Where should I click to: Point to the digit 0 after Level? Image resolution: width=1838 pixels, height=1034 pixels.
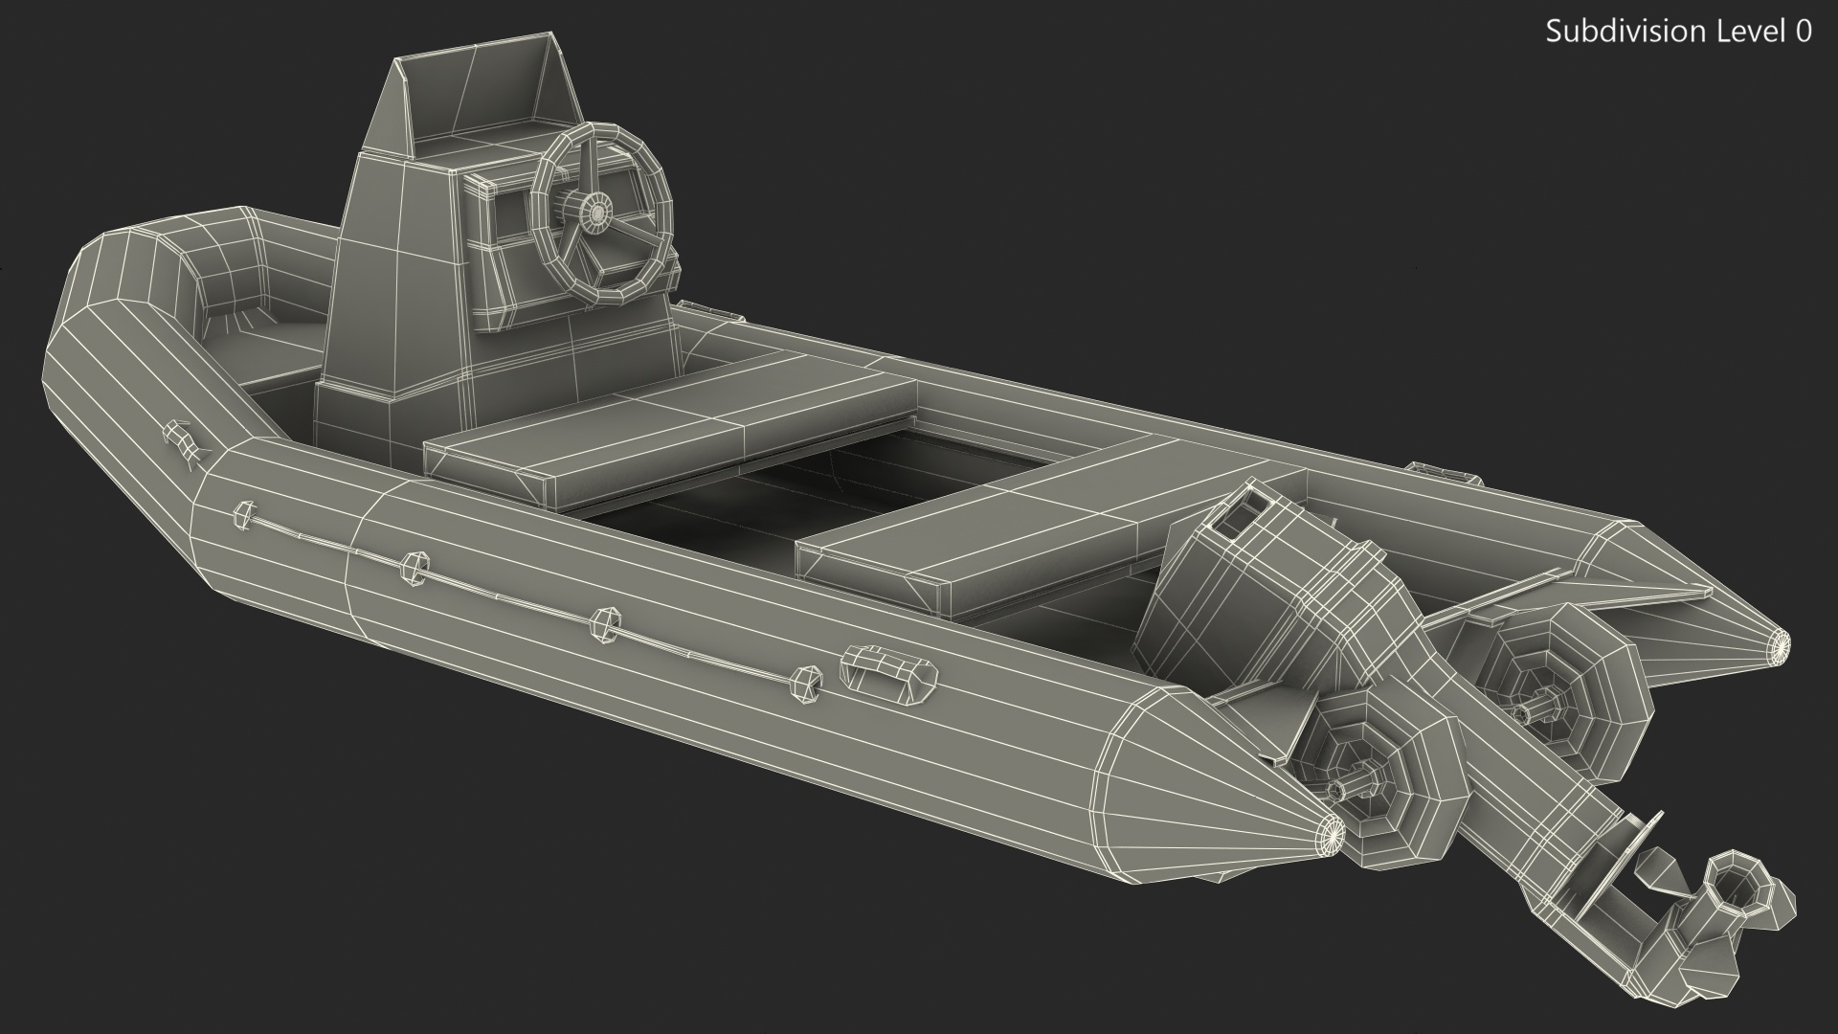click(x=1804, y=32)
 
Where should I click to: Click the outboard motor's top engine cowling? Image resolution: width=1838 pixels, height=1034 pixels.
click(x=1244, y=594)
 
